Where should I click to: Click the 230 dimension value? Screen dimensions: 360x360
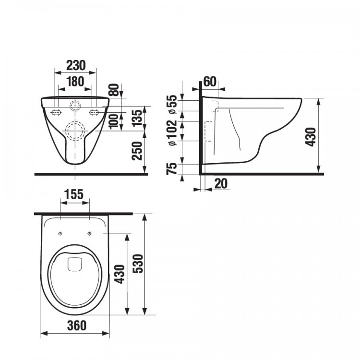click(x=75, y=65)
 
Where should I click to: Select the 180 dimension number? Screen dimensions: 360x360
click(x=75, y=81)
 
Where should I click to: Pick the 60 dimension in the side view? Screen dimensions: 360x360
click(x=209, y=81)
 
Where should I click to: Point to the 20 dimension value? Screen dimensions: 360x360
click(x=221, y=183)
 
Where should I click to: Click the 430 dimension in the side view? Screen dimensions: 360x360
click(x=312, y=137)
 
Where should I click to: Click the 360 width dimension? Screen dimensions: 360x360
click(x=75, y=325)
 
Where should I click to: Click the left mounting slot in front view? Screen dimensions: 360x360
click(x=56, y=112)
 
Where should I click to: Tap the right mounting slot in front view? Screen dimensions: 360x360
click(x=95, y=112)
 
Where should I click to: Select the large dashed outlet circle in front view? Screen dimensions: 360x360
click(x=75, y=130)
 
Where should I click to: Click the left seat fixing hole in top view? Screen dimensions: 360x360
click(x=60, y=234)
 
